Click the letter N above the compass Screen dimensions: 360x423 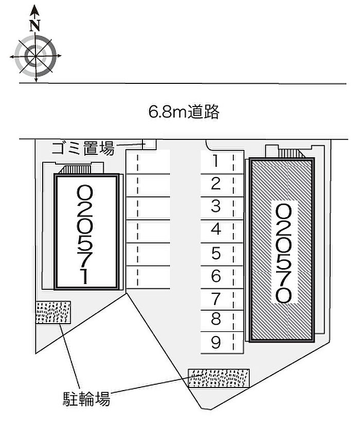coord(35,25)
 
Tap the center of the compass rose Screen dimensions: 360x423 coord(35,56)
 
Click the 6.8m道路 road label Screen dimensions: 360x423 coord(184,112)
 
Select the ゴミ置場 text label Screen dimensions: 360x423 coord(83,148)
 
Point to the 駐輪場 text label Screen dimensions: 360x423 coord(87,399)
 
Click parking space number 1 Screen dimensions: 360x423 coord(215,161)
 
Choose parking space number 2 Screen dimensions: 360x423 coord(215,184)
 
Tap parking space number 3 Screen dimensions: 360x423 coord(215,206)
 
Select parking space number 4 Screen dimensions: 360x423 coord(215,230)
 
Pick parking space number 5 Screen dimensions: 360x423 coord(216,253)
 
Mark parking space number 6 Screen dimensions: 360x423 coord(216,276)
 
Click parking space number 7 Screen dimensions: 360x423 coord(216,299)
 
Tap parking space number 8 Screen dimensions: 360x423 coord(216,319)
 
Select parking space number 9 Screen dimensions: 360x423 coord(216,342)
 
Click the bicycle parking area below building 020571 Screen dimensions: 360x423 coord(53,312)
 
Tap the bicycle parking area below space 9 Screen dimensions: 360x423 coord(219,378)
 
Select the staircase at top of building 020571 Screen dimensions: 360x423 coord(75,169)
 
